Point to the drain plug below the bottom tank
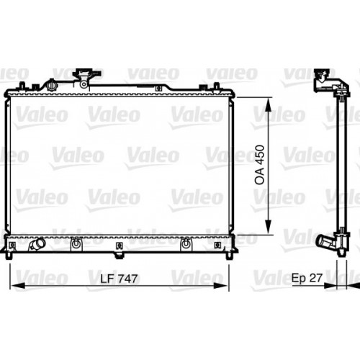tap(117, 253)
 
